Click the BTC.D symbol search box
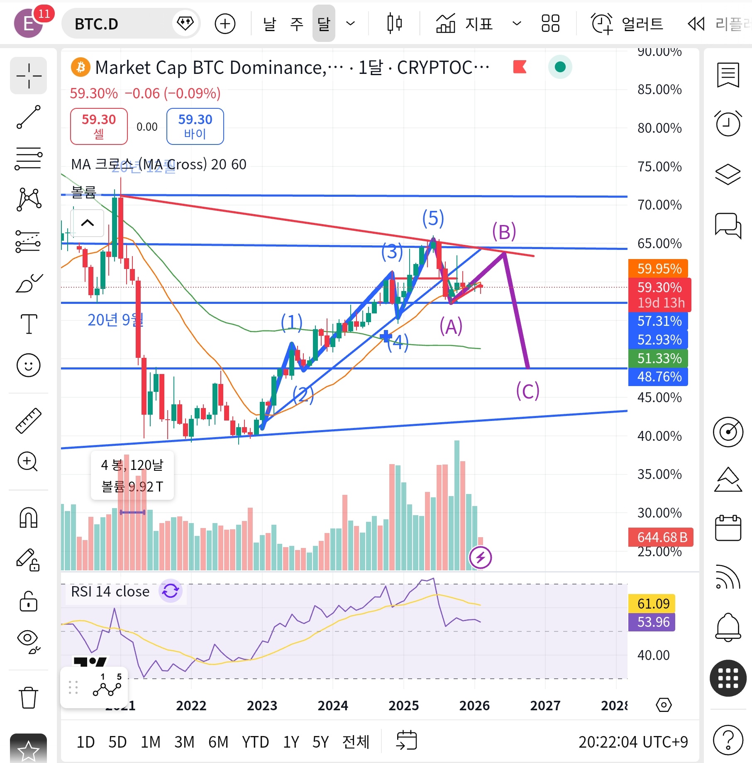click(120, 24)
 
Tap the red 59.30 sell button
click(99, 126)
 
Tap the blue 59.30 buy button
click(195, 126)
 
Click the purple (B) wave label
click(504, 232)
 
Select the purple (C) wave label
click(527, 391)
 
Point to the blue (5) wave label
click(433, 218)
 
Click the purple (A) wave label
click(451, 326)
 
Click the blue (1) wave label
click(291, 322)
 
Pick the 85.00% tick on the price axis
click(659, 89)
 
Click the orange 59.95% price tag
click(659, 269)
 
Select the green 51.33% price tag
click(659, 358)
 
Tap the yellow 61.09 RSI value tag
click(653, 603)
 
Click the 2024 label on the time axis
click(333, 705)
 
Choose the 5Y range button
click(320, 742)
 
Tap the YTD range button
click(255, 742)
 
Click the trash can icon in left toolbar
click(28, 697)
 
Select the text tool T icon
click(29, 323)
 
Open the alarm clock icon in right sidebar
click(728, 123)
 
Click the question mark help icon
click(728, 740)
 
